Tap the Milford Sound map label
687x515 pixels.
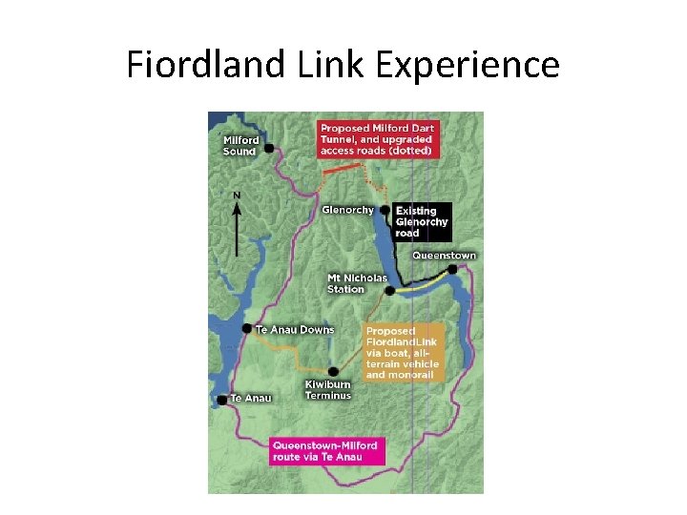(x=239, y=145)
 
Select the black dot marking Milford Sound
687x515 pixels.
(x=270, y=148)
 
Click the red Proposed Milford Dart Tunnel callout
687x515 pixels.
(x=376, y=139)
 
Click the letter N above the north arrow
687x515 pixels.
(x=237, y=196)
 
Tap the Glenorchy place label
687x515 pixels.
(x=348, y=210)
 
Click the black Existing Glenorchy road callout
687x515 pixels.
(x=421, y=221)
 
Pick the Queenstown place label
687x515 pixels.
(x=444, y=256)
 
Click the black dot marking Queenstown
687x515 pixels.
(x=452, y=269)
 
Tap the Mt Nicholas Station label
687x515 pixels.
(x=358, y=283)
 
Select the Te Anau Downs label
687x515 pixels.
(x=295, y=330)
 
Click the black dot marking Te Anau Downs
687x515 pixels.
(x=247, y=329)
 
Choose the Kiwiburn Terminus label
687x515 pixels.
(x=328, y=389)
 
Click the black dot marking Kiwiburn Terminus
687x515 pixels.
(x=332, y=372)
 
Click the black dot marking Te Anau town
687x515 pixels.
(x=222, y=401)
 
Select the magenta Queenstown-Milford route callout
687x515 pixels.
(x=325, y=450)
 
